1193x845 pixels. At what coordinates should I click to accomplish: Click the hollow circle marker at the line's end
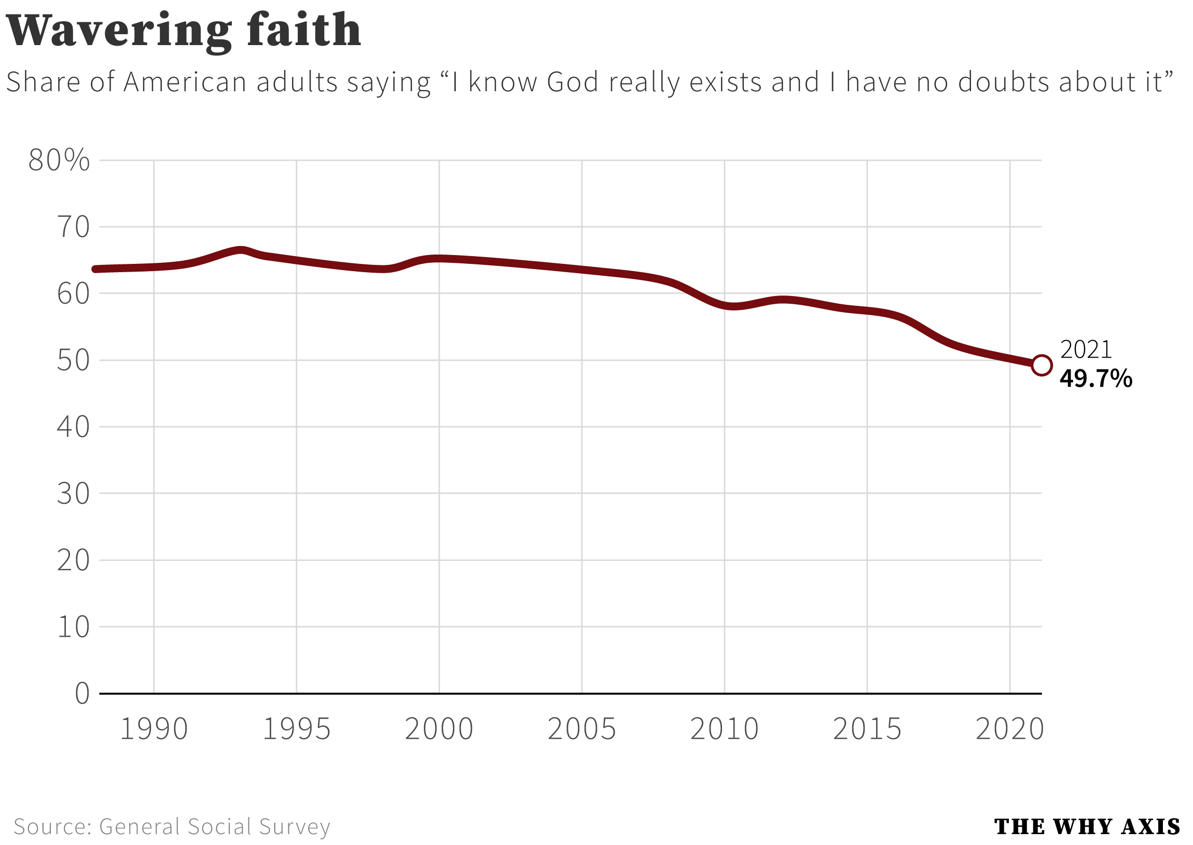pos(1042,365)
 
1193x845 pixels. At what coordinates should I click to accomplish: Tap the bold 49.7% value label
pos(1095,379)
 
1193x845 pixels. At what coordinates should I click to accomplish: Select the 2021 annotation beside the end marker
pos(1085,349)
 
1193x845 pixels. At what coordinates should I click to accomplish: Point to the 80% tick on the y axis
pos(59,160)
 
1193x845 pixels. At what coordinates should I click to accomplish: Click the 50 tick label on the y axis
pos(73,360)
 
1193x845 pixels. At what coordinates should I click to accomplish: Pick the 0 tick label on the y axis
pos(82,694)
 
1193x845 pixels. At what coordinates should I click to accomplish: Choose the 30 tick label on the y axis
pos(73,494)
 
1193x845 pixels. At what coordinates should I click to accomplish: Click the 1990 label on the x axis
pos(154,729)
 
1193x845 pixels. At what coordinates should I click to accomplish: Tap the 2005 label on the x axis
pos(581,729)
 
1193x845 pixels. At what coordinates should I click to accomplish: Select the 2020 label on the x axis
pos(1009,729)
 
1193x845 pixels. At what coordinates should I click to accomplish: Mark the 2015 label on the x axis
pos(867,729)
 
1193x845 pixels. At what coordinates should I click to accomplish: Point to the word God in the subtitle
pos(573,82)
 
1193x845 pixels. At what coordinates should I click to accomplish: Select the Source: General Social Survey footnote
pos(172,826)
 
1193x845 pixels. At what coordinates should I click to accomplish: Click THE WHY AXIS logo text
pos(1087,826)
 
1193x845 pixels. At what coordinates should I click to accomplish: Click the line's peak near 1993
pos(241,250)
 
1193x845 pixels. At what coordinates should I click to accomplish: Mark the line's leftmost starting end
pos(95,270)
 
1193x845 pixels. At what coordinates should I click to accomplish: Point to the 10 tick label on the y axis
pos(73,627)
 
